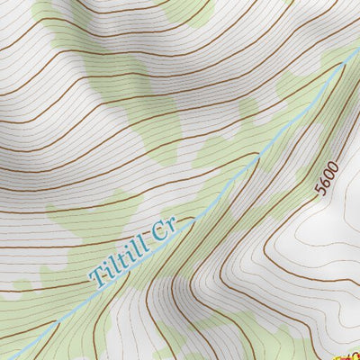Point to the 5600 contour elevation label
click(x=327, y=178)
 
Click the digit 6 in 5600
click(x=325, y=183)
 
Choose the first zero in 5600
click(x=328, y=175)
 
